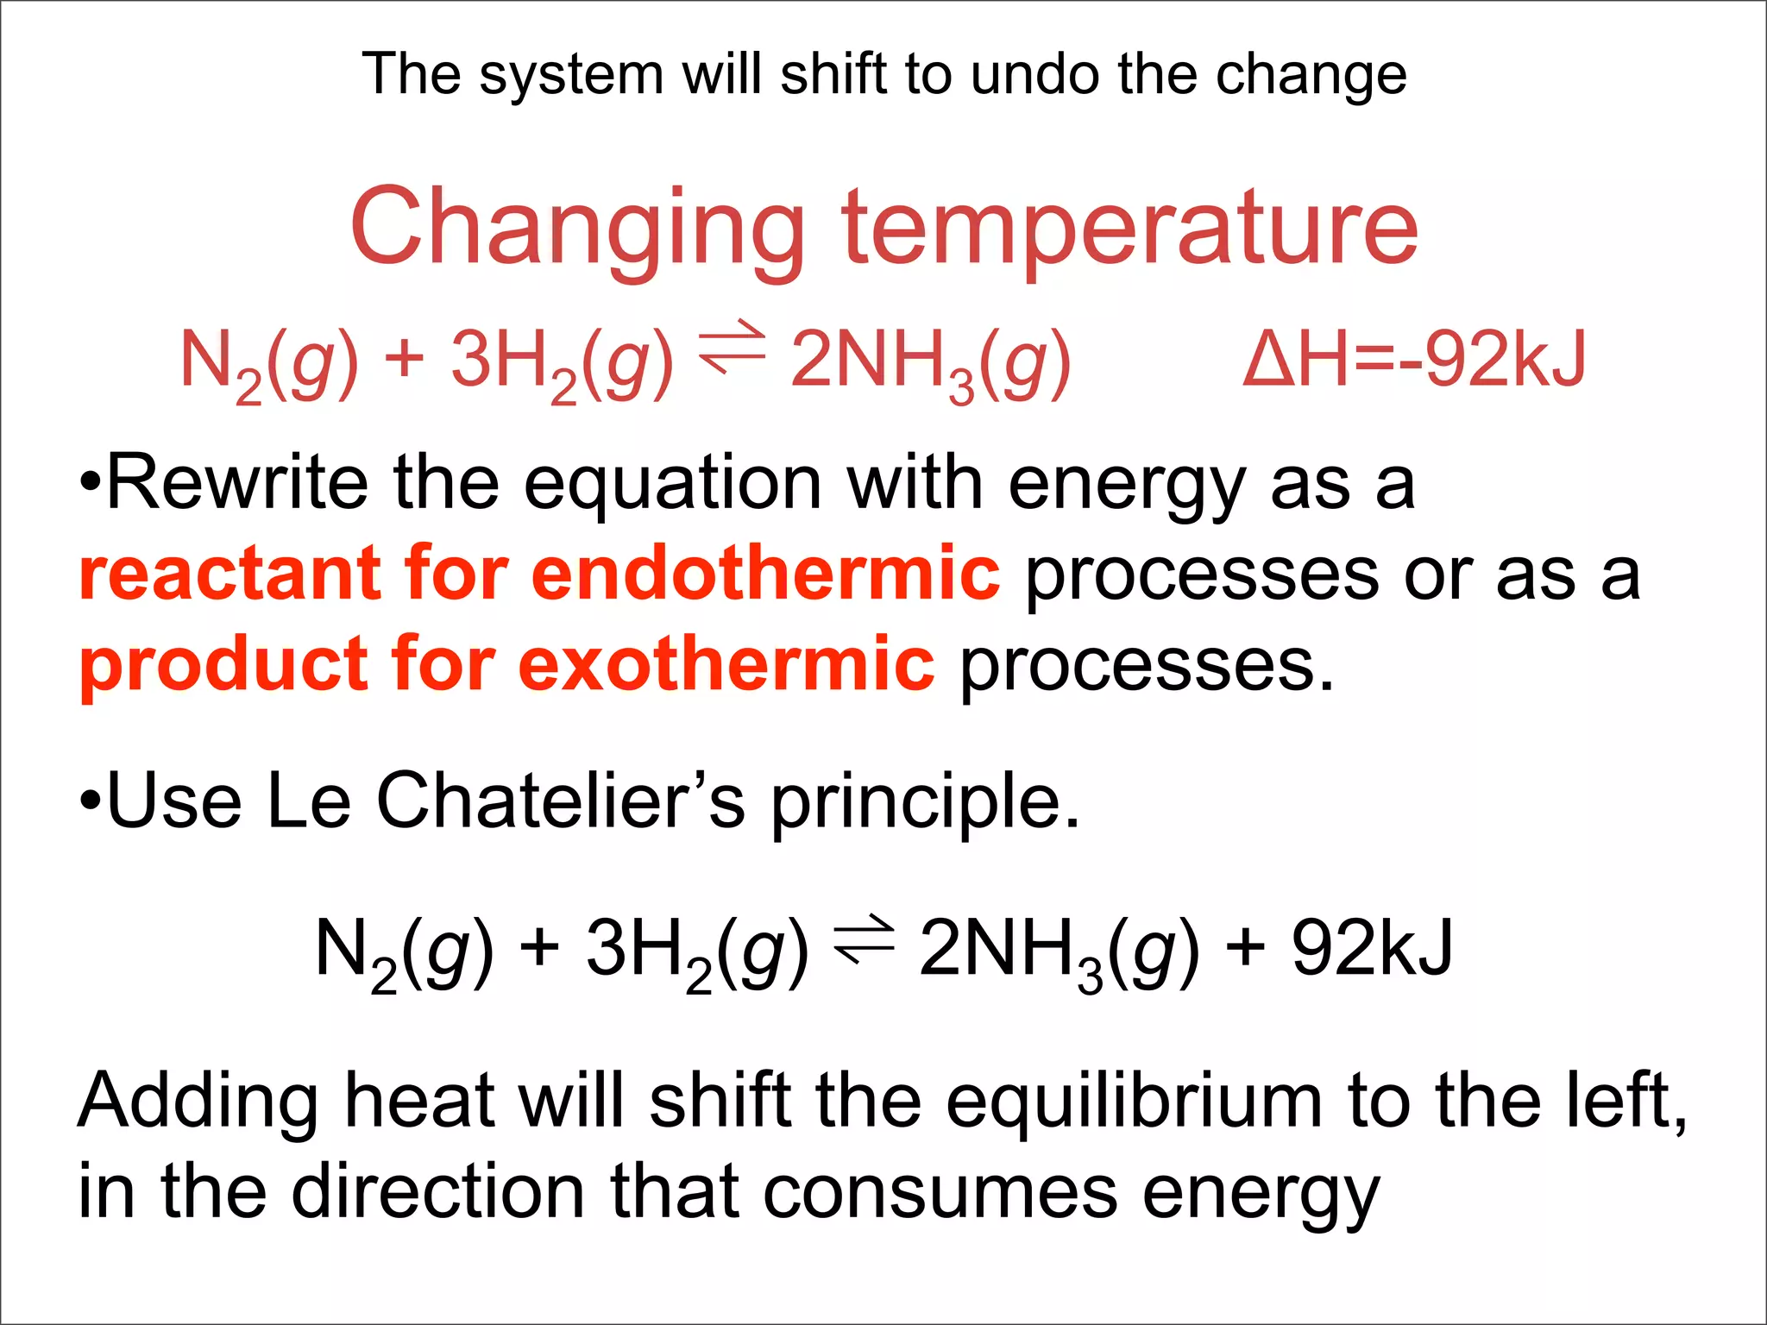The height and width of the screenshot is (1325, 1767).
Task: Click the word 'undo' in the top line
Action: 1035,74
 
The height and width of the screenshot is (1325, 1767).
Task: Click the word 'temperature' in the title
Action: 1130,229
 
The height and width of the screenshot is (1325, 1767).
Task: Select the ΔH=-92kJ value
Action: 1414,359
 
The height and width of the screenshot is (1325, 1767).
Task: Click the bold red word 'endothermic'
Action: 766,574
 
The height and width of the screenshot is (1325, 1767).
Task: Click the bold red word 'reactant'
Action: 230,574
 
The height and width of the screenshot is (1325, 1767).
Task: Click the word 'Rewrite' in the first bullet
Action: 237,483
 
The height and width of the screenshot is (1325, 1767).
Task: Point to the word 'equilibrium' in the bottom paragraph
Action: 1134,1102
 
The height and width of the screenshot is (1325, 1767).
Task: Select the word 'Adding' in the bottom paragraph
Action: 198,1103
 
